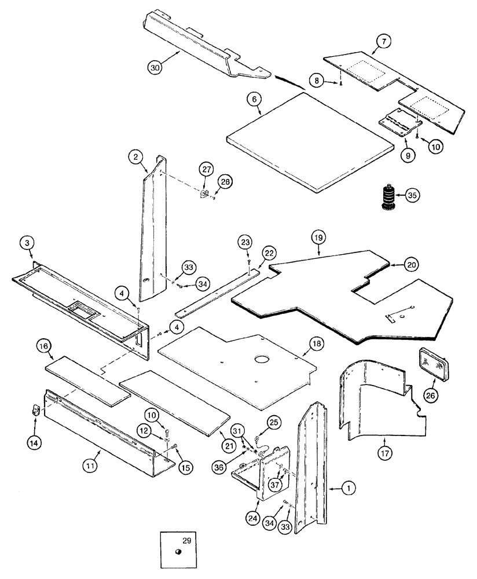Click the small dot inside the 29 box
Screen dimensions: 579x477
point(179,551)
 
